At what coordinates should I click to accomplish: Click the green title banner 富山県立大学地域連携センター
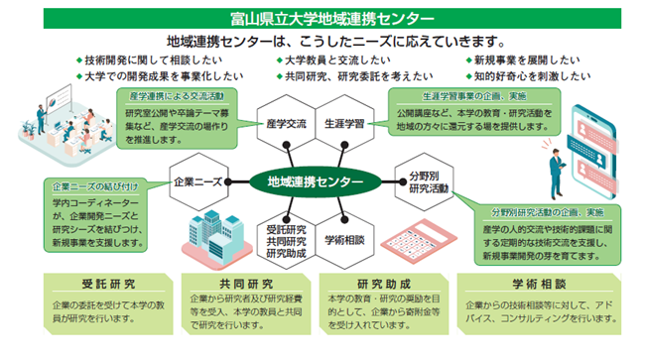point(332,19)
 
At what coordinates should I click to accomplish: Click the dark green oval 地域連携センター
point(316,181)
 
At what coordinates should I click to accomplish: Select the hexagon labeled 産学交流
point(287,124)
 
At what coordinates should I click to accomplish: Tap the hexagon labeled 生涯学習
point(344,124)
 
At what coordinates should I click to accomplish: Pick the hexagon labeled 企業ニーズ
point(198,182)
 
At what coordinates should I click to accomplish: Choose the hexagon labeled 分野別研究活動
point(424,182)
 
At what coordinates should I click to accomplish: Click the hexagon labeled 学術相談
point(344,240)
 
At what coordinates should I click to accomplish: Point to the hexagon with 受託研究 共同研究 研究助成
point(287,240)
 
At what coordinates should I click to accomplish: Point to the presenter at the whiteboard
point(41,120)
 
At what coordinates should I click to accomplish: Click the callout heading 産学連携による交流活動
point(177,96)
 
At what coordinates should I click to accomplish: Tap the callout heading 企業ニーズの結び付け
point(95,186)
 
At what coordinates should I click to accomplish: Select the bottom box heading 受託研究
point(108,284)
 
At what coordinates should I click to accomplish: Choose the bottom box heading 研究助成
point(384,284)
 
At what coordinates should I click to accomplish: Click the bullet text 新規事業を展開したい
point(527,60)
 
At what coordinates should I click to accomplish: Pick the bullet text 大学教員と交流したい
point(337,60)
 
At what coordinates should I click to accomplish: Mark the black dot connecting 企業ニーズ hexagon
point(228,182)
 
